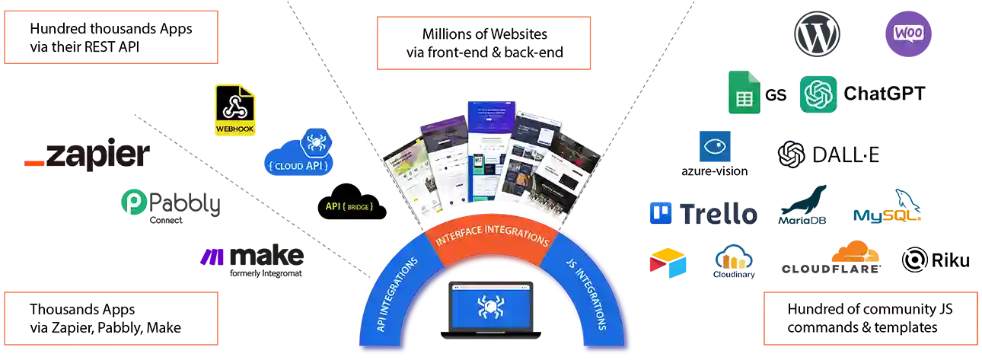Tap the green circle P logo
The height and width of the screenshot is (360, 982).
pyautogui.click(x=131, y=205)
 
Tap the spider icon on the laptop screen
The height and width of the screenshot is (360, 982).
pyautogui.click(x=491, y=307)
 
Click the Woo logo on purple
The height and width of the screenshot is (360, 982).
pyautogui.click(x=908, y=33)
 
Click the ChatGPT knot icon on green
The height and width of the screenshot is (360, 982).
pyautogui.click(x=818, y=94)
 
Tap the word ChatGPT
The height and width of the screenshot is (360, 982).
pyautogui.click(x=884, y=94)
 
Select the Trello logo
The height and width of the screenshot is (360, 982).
pyautogui.click(x=702, y=214)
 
